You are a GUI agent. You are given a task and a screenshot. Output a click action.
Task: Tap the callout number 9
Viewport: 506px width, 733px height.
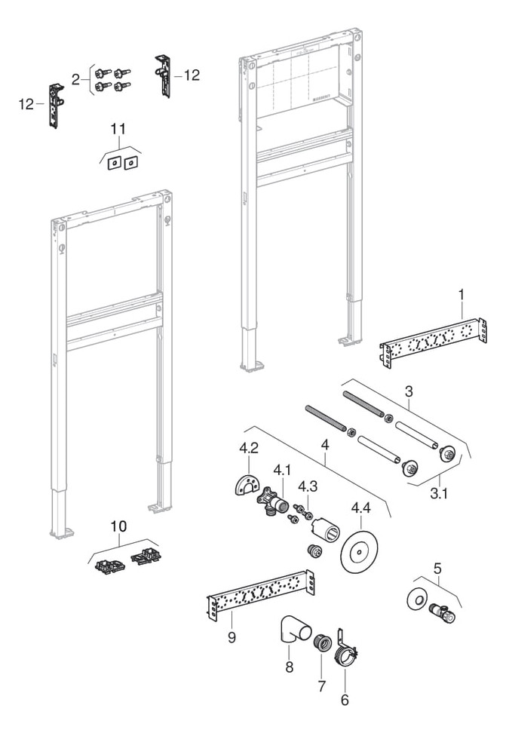232,637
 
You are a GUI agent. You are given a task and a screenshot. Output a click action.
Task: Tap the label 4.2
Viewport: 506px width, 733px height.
249,448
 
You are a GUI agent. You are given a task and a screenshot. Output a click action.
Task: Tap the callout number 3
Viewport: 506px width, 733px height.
409,392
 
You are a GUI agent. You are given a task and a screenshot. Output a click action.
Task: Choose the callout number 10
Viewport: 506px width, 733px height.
119,525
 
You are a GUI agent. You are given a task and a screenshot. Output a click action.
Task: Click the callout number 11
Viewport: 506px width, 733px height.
118,130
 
